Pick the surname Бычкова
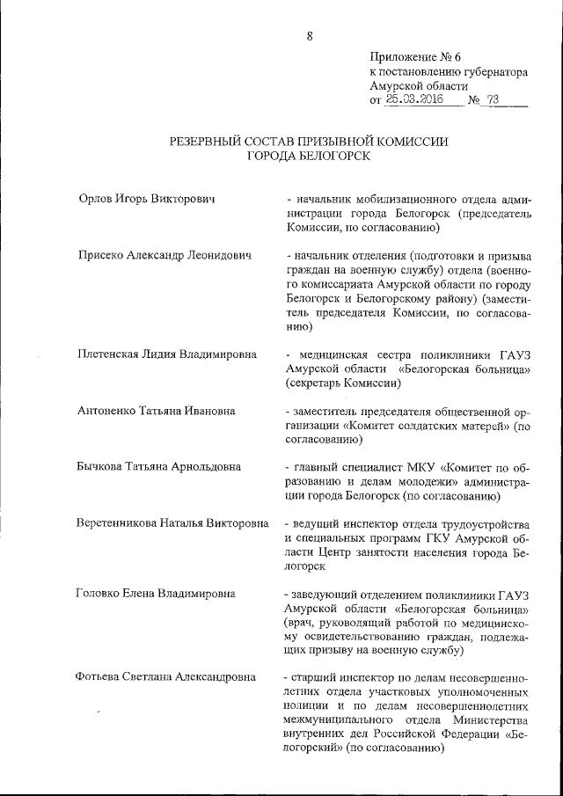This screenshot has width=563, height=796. point(102,467)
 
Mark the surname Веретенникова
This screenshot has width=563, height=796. point(124,523)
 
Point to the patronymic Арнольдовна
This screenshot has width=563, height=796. point(203,467)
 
